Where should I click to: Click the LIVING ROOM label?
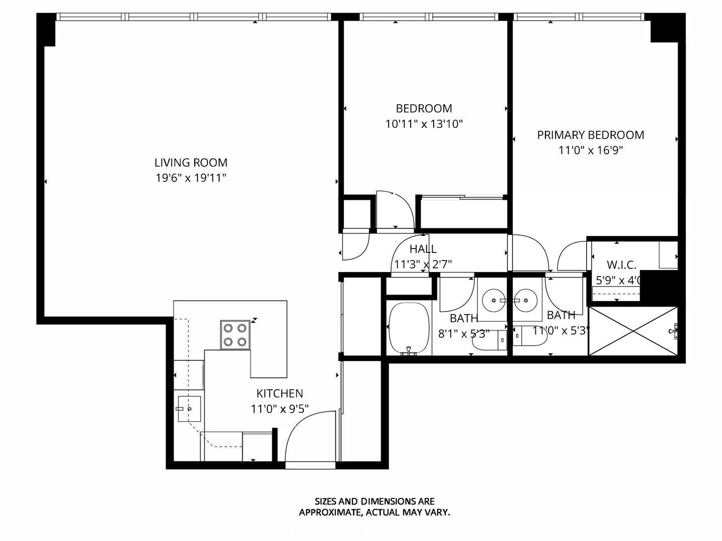[191, 162]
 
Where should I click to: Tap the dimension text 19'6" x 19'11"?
[191, 178]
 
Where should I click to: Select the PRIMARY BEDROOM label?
[590, 135]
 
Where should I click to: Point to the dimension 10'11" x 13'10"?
[424, 124]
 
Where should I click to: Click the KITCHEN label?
[279, 393]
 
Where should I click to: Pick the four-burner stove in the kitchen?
[235, 335]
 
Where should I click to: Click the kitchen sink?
[189, 409]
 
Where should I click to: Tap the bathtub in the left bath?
[409, 329]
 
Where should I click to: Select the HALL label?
[423, 249]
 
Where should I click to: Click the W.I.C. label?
[621, 265]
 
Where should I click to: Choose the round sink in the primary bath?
[526, 301]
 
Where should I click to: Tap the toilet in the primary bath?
[529, 337]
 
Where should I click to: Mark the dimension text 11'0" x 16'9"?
[590, 150]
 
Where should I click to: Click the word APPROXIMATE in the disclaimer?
[329, 512]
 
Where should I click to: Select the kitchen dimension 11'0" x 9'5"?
[279, 409]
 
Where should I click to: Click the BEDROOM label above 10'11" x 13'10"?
[424, 108]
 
